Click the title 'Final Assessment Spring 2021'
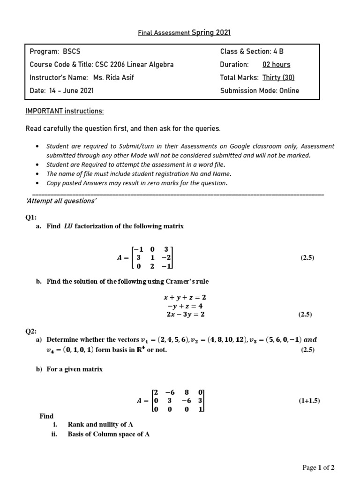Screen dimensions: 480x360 (184, 33)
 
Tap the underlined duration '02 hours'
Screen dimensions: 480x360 (276, 65)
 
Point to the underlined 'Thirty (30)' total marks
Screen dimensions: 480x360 (278, 78)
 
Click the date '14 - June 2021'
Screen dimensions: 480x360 (71, 91)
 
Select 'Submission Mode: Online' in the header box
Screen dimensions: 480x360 (259, 91)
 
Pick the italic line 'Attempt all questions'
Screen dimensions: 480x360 (61, 201)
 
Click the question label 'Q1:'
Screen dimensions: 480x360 (31, 217)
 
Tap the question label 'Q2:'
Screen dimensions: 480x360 (31, 331)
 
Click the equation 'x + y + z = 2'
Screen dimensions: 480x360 (184, 297)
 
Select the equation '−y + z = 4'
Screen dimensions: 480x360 (184, 306)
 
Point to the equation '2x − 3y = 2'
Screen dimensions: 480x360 (184, 315)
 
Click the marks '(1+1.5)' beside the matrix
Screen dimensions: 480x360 (309, 401)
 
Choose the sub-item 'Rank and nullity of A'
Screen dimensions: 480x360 (100, 425)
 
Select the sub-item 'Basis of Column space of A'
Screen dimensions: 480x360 (109, 434)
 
